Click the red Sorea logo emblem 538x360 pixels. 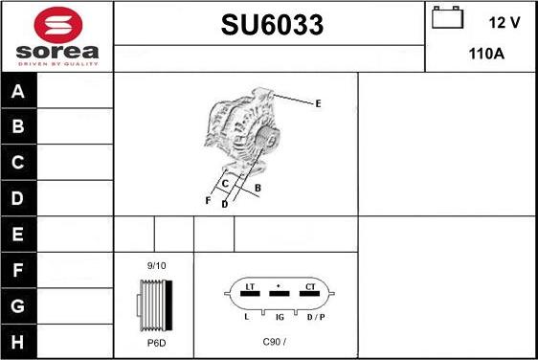point(58,25)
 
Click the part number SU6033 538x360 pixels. point(272,25)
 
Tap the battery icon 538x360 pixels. point(447,17)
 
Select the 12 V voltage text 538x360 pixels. point(504,23)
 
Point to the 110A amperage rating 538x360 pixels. point(486,54)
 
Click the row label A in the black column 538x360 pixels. point(18,91)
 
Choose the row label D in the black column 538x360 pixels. point(17,198)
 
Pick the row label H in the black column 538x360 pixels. point(17,342)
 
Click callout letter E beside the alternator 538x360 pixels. point(318,103)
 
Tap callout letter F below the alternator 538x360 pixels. point(208,200)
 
